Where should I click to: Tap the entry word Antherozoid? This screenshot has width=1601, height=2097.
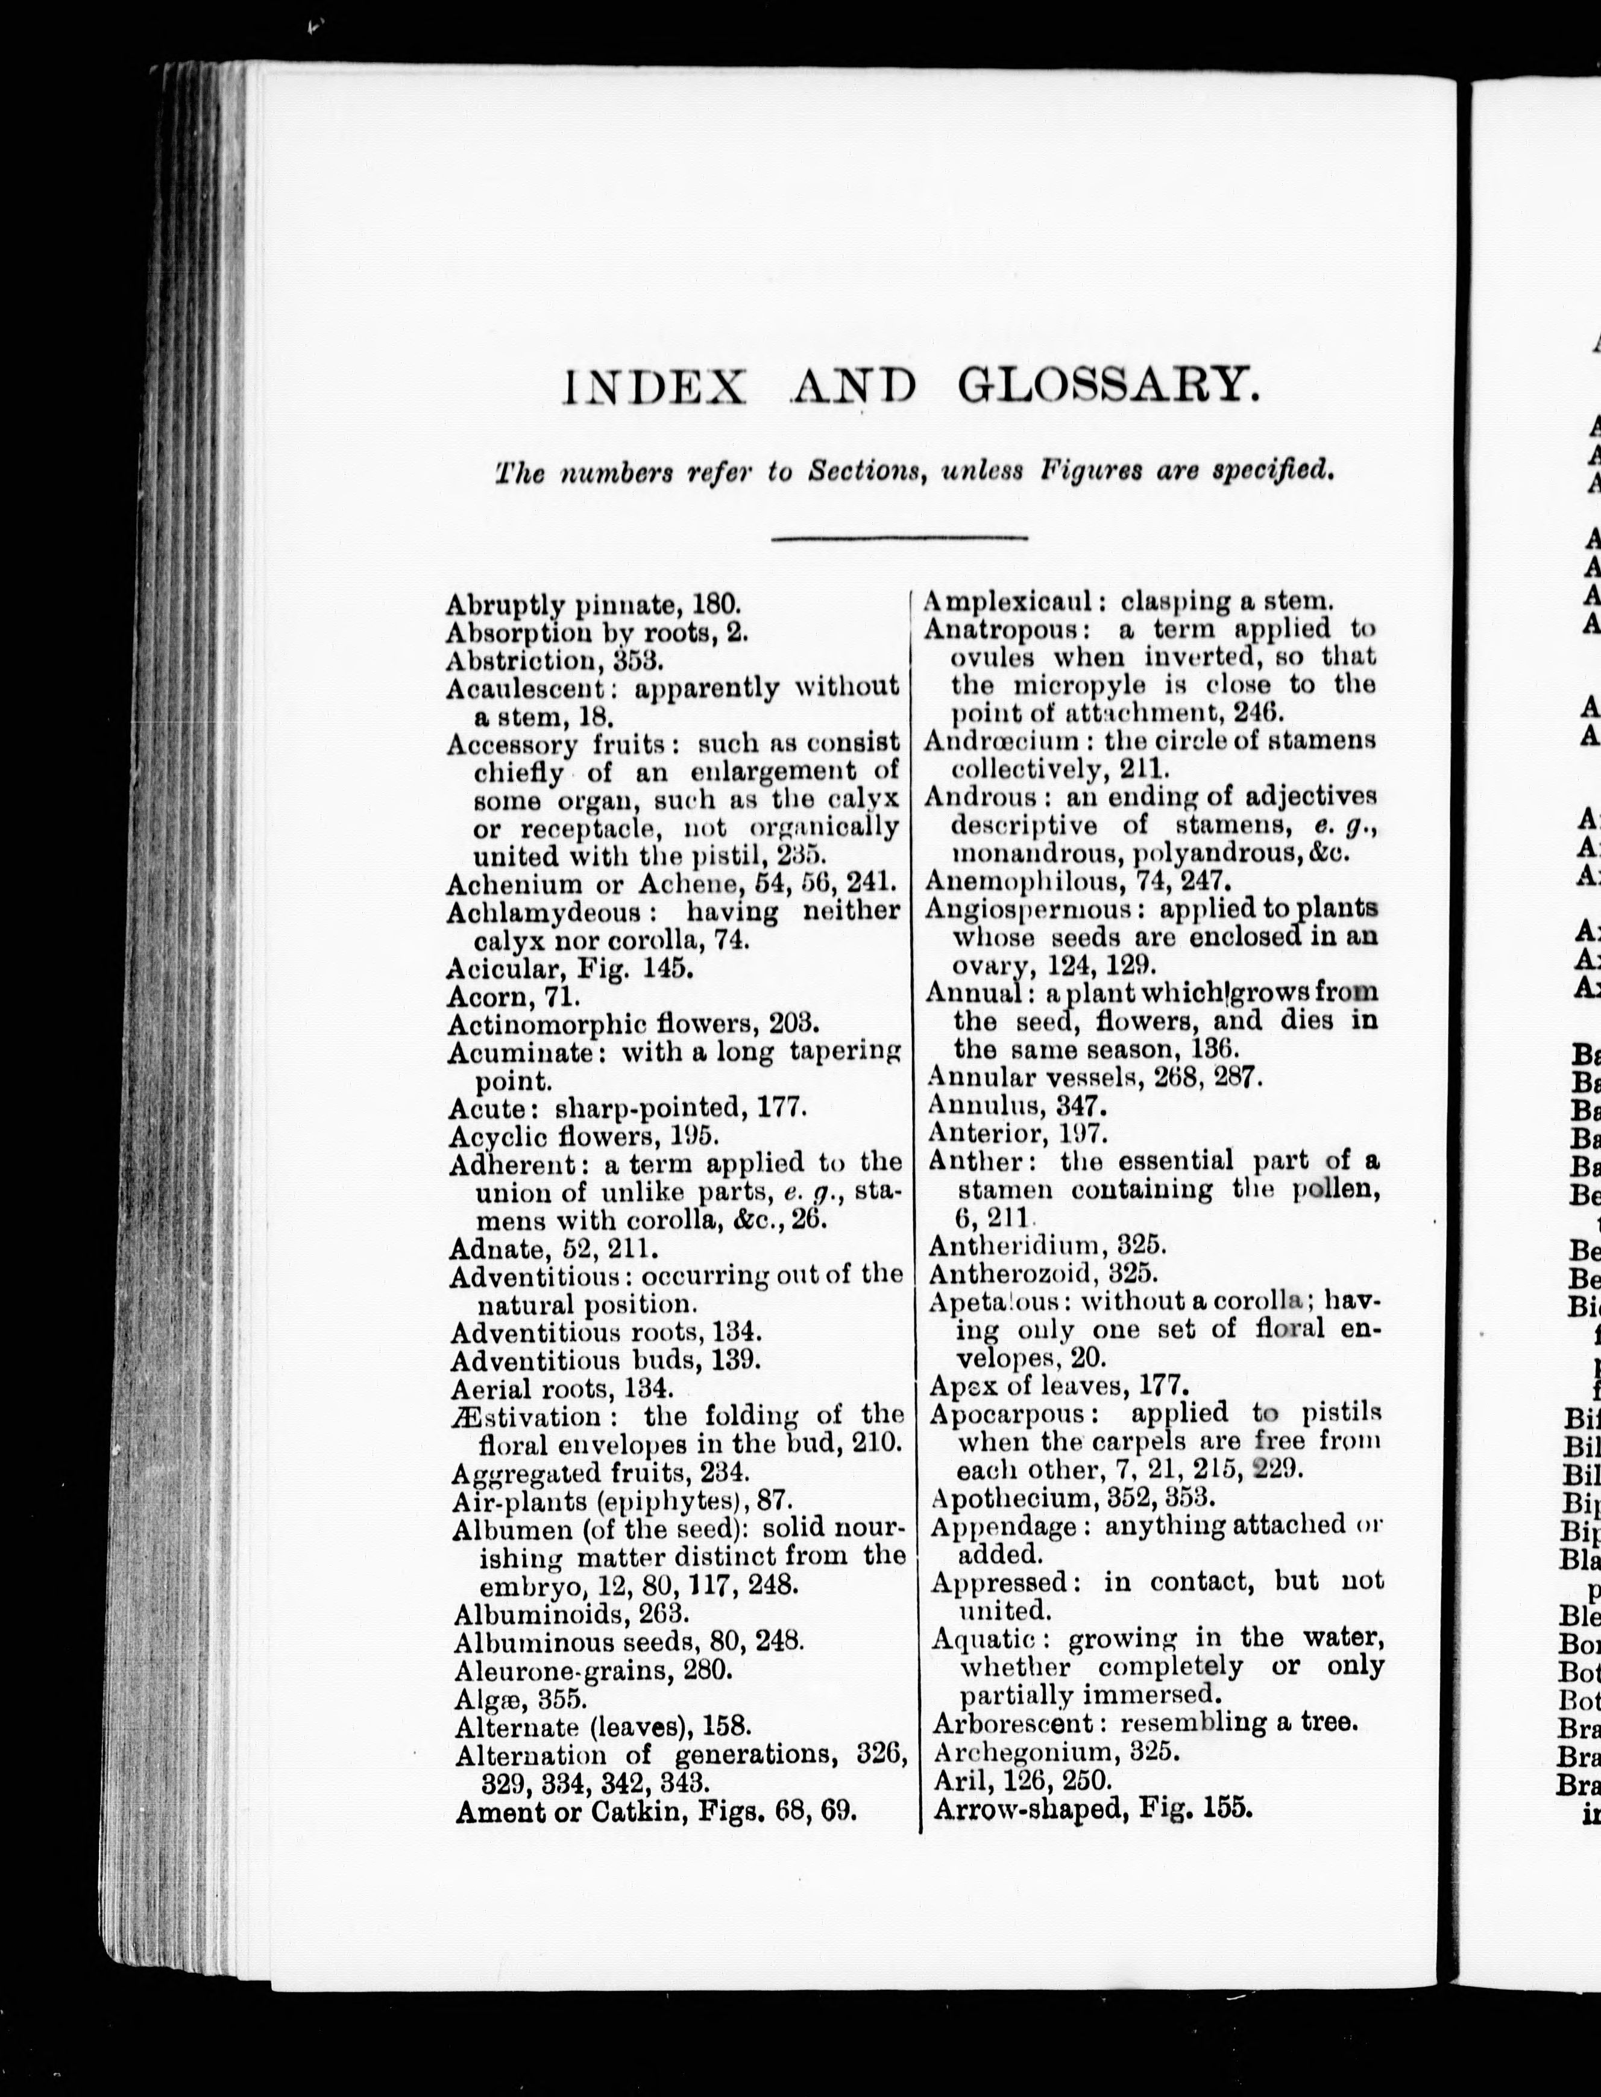click(x=1016, y=1273)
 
